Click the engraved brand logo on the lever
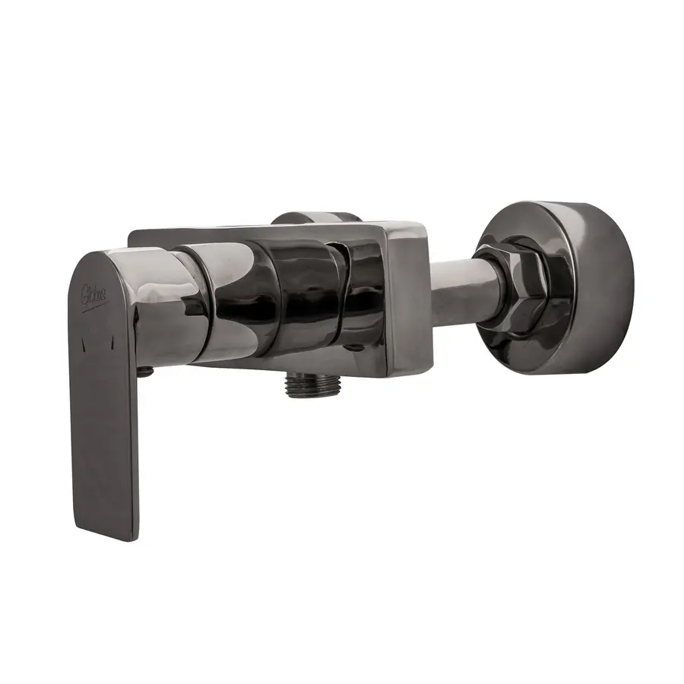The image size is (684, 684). (96, 291)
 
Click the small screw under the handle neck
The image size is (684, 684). (145, 371)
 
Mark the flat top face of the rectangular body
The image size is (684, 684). (274, 232)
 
